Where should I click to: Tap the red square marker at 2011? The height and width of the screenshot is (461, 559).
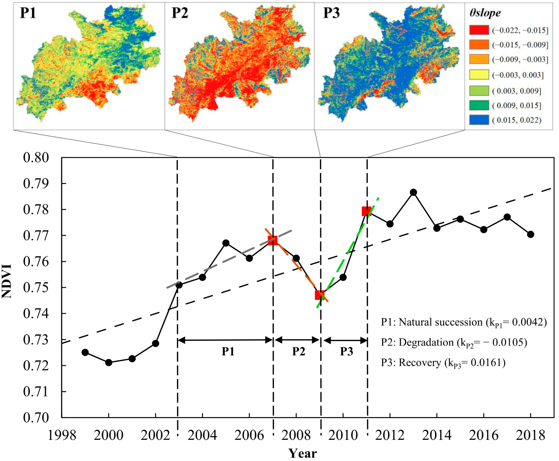[x=366, y=211]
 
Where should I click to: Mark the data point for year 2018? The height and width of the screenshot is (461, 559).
[x=530, y=234]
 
